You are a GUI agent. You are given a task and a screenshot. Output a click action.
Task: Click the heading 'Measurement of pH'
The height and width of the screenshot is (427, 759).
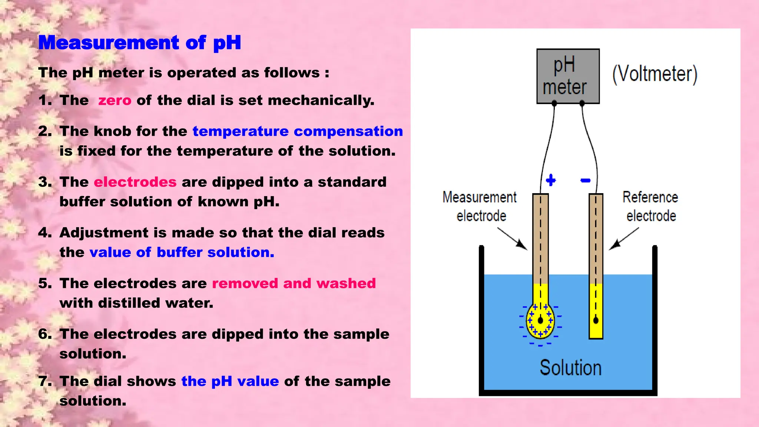(x=140, y=43)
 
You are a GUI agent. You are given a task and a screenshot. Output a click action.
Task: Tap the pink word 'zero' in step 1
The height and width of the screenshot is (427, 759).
(x=115, y=100)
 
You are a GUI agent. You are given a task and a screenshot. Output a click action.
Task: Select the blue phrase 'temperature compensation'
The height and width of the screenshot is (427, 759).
(x=298, y=131)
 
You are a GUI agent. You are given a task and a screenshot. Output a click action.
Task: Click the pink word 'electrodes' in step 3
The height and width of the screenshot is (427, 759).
(x=135, y=182)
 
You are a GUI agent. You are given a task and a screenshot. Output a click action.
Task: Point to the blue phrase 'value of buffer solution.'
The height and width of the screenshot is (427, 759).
(x=182, y=252)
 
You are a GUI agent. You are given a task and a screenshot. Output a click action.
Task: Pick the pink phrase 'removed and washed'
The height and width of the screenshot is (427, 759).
(x=294, y=283)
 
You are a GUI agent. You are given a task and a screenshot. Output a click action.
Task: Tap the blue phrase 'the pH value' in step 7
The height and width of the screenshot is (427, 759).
(x=230, y=381)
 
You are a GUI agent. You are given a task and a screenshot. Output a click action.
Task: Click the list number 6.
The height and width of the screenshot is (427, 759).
(x=44, y=334)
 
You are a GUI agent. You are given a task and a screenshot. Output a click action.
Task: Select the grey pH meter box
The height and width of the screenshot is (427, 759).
(x=568, y=76)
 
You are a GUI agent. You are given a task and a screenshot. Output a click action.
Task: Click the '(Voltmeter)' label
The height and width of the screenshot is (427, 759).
(x=655, y=74)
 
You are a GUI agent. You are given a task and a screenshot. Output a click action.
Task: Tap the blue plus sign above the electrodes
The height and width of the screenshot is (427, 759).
(x=551, y=180)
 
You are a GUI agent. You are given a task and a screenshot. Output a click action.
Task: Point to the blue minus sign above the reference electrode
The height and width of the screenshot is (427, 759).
(x=585, y=181)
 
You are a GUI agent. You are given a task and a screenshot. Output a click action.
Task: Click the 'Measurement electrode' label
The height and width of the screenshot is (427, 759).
(x=480, y=206)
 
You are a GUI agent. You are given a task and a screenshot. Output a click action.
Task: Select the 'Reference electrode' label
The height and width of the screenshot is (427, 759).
(x=651, y=206)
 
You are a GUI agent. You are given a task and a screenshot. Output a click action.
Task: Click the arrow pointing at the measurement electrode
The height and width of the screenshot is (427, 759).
(x=513, y=238)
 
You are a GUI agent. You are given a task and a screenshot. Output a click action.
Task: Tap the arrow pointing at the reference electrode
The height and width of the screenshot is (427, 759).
(x=624, y=238)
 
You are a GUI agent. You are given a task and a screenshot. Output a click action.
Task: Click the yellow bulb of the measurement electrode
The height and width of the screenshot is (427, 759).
(x=540, y=321)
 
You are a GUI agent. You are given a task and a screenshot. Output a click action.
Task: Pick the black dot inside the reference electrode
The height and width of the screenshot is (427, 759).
(x=596, y=320)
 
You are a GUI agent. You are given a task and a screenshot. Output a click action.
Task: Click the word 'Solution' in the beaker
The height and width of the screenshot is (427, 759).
(x=570, y=368)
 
